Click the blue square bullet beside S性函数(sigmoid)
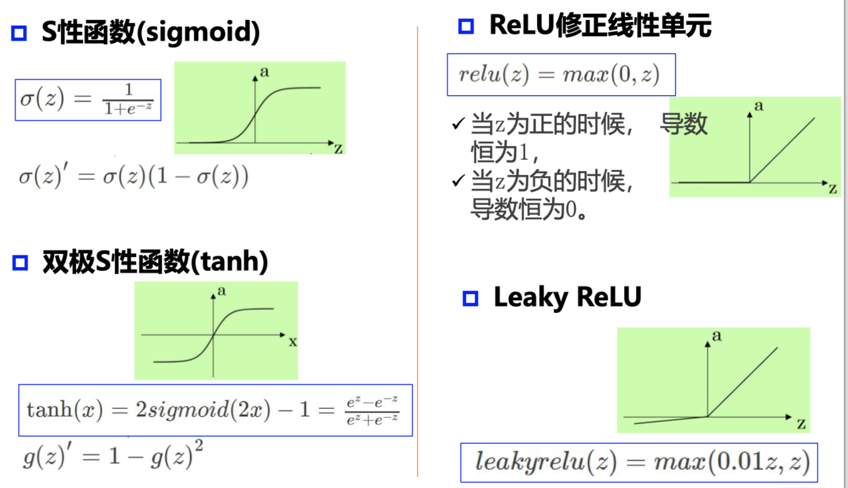tap(19, 33)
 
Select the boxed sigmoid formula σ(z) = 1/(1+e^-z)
tap(88, 100)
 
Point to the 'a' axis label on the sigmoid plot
tap(264, 72)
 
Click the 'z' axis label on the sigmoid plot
tap(338, 148)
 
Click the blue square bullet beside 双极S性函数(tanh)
tap(20, 262)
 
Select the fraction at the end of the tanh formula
tap(373, 410)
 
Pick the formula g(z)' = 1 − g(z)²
tap(113, 456)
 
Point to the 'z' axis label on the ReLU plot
tap(833, 189)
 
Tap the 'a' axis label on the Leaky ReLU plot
tap(717, 336)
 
